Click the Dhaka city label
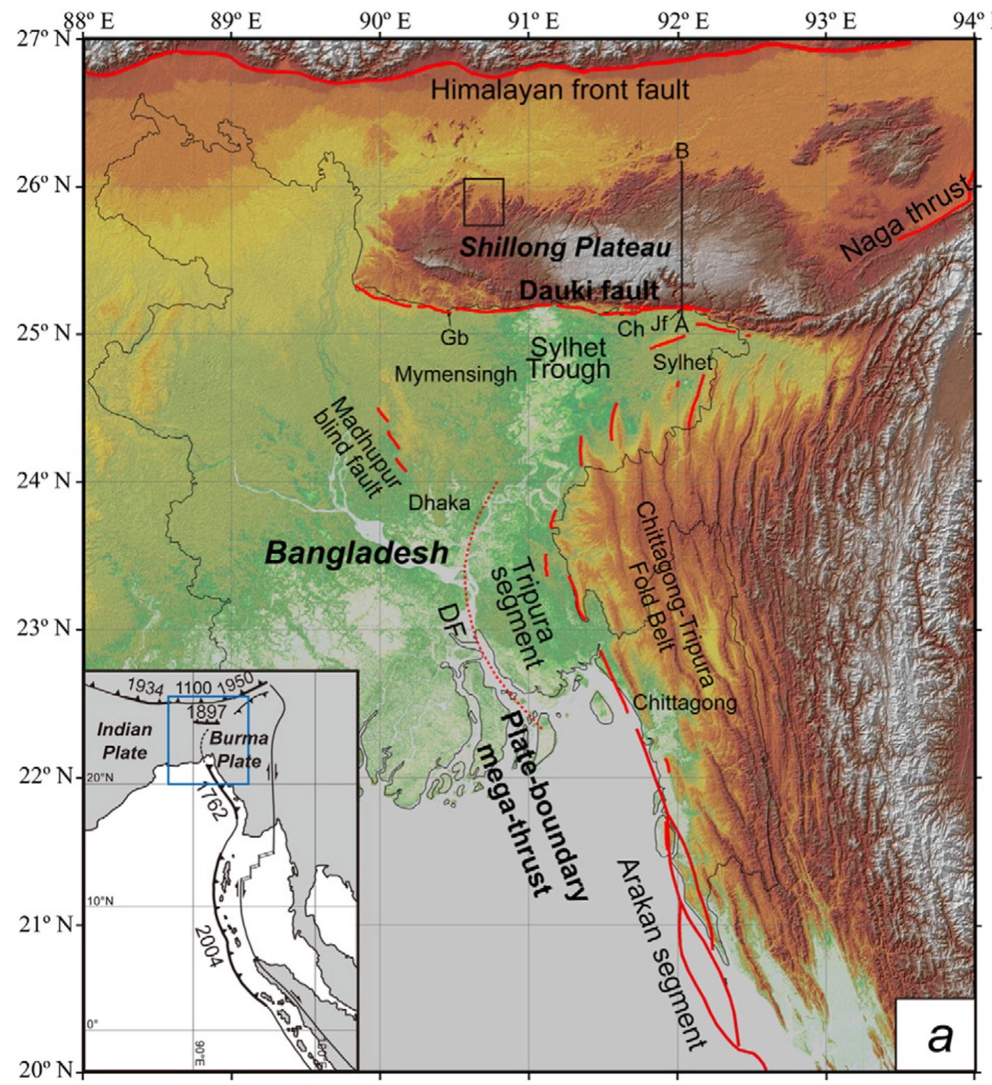[439, 502]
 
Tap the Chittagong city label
[684, 703]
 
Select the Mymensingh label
[456, 374]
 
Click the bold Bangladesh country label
[356, 553]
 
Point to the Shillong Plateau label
[565, 248]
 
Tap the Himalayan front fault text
[560, 90]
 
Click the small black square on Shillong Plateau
[484, 202]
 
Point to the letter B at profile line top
[682, 151]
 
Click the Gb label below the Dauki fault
[454, 338]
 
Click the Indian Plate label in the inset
[124, 741]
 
